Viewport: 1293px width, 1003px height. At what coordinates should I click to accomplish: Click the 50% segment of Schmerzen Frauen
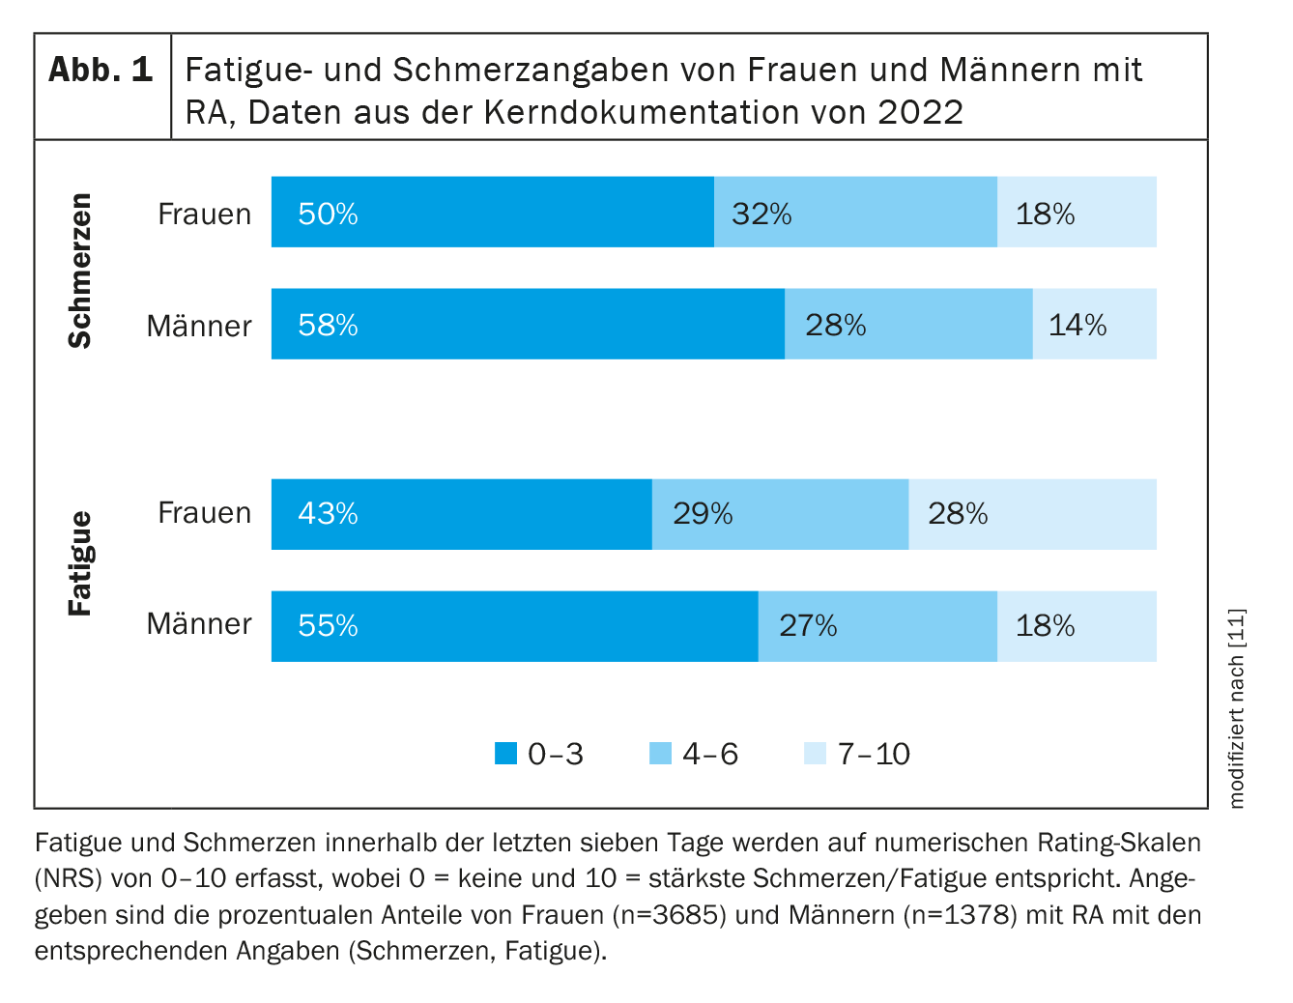(x=493, y=212)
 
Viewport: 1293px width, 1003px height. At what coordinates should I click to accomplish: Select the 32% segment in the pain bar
(x=855, y=212)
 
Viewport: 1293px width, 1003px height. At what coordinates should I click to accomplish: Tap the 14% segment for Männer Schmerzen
(x=1094, y=324)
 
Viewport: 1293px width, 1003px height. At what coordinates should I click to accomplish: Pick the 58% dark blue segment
(x=528, y=324)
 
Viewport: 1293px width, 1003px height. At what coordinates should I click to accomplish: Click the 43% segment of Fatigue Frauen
(x=462, y=514)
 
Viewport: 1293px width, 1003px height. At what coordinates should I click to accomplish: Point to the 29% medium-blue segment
(x=780, y=514)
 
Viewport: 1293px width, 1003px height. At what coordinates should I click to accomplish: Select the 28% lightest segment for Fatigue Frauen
(x=1032, y=514)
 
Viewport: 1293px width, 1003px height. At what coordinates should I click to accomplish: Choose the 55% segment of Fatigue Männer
(x=515, y=626)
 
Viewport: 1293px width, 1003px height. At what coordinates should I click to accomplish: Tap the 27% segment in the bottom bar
(x=877, y=626)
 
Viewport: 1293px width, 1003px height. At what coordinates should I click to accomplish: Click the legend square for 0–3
(x=505, y=754)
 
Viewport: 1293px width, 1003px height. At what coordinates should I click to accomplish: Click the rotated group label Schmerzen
(x=80, y=271)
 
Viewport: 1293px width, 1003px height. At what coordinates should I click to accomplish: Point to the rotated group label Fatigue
(x=80, y=564)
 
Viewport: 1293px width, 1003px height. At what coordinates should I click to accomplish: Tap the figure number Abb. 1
(x=101, y=70)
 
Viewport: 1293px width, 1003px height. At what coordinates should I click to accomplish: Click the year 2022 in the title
(x=920, y=112)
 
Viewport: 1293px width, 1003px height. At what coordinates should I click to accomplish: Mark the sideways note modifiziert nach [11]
(x=1238, y=708)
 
